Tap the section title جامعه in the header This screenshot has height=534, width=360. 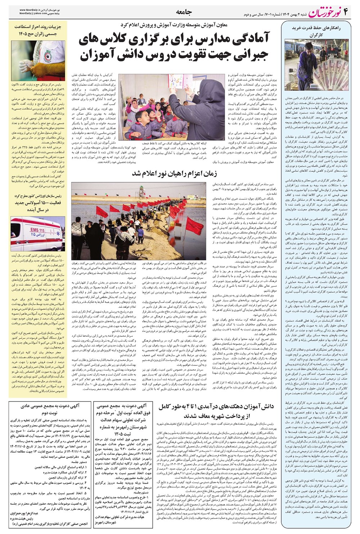coord(184,12)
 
